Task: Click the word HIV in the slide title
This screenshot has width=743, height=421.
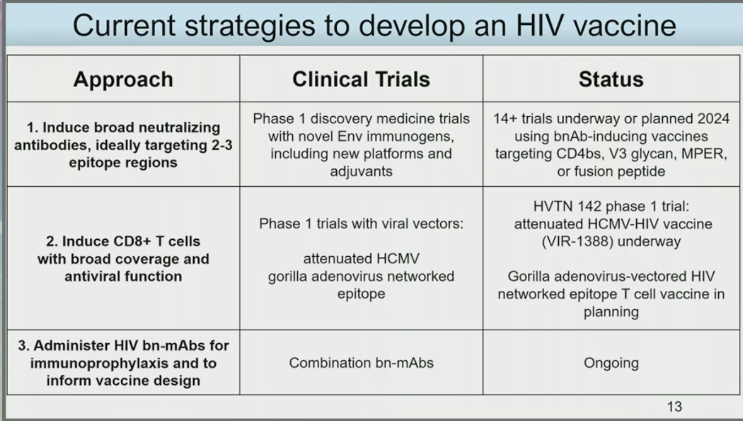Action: [x=540, y=25]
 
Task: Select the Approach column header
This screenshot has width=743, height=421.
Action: [x=123, y=80]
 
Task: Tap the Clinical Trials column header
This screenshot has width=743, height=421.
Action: [x=361, y=79]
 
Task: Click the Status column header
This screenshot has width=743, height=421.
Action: [x=611, y=79]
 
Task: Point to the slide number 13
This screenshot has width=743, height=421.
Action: [x=674, y=406]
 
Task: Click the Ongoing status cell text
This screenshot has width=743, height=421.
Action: [x=611, y=363]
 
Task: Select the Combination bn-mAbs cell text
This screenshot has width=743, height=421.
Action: [x=361, y=363]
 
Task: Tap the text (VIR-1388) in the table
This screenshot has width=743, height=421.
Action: [x=578, y=241]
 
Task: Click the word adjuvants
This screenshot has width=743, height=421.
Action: [x=361, y=172]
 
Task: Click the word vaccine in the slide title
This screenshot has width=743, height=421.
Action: [x=625, y=25]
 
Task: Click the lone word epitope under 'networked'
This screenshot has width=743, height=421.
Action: [x=361, y=294]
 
